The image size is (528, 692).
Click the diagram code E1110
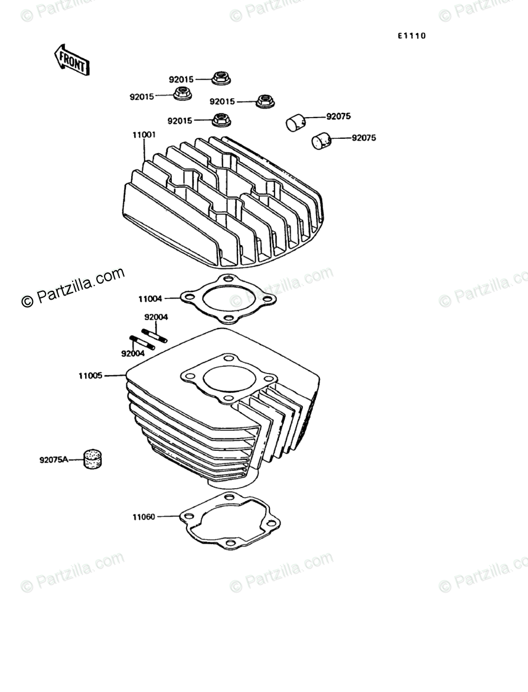[411, 36]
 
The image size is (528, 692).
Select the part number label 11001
[144, 135]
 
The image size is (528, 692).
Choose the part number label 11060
[144, 517]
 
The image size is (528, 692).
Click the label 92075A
[54, 459]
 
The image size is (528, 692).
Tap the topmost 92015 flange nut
[220, 78]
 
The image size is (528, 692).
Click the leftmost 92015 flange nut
[182, 94]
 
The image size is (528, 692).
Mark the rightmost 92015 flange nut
[265, 101]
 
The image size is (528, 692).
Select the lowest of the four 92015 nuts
[221, 120]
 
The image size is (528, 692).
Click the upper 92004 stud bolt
[155, 335]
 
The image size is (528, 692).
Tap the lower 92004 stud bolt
[142, 343]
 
